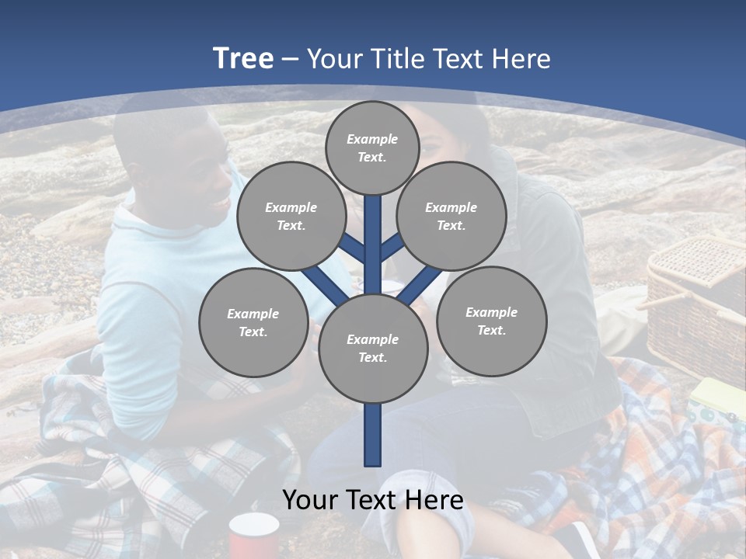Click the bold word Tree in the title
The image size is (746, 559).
(x=243, y=59)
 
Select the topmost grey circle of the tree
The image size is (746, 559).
(x=372, y=148)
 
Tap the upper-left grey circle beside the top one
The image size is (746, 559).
(x=291, y=216)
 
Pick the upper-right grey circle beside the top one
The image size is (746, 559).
(x=451, y=216)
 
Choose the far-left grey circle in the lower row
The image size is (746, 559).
(x=253, y=322)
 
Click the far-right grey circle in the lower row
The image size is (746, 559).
(x=491, y=321)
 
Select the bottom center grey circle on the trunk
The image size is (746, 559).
(x=372, y=349)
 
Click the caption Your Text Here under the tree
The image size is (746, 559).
(x=372, y=500)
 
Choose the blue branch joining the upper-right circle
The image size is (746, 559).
(x=392, y=247)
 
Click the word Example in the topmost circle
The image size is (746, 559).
(x=372, y=140)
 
